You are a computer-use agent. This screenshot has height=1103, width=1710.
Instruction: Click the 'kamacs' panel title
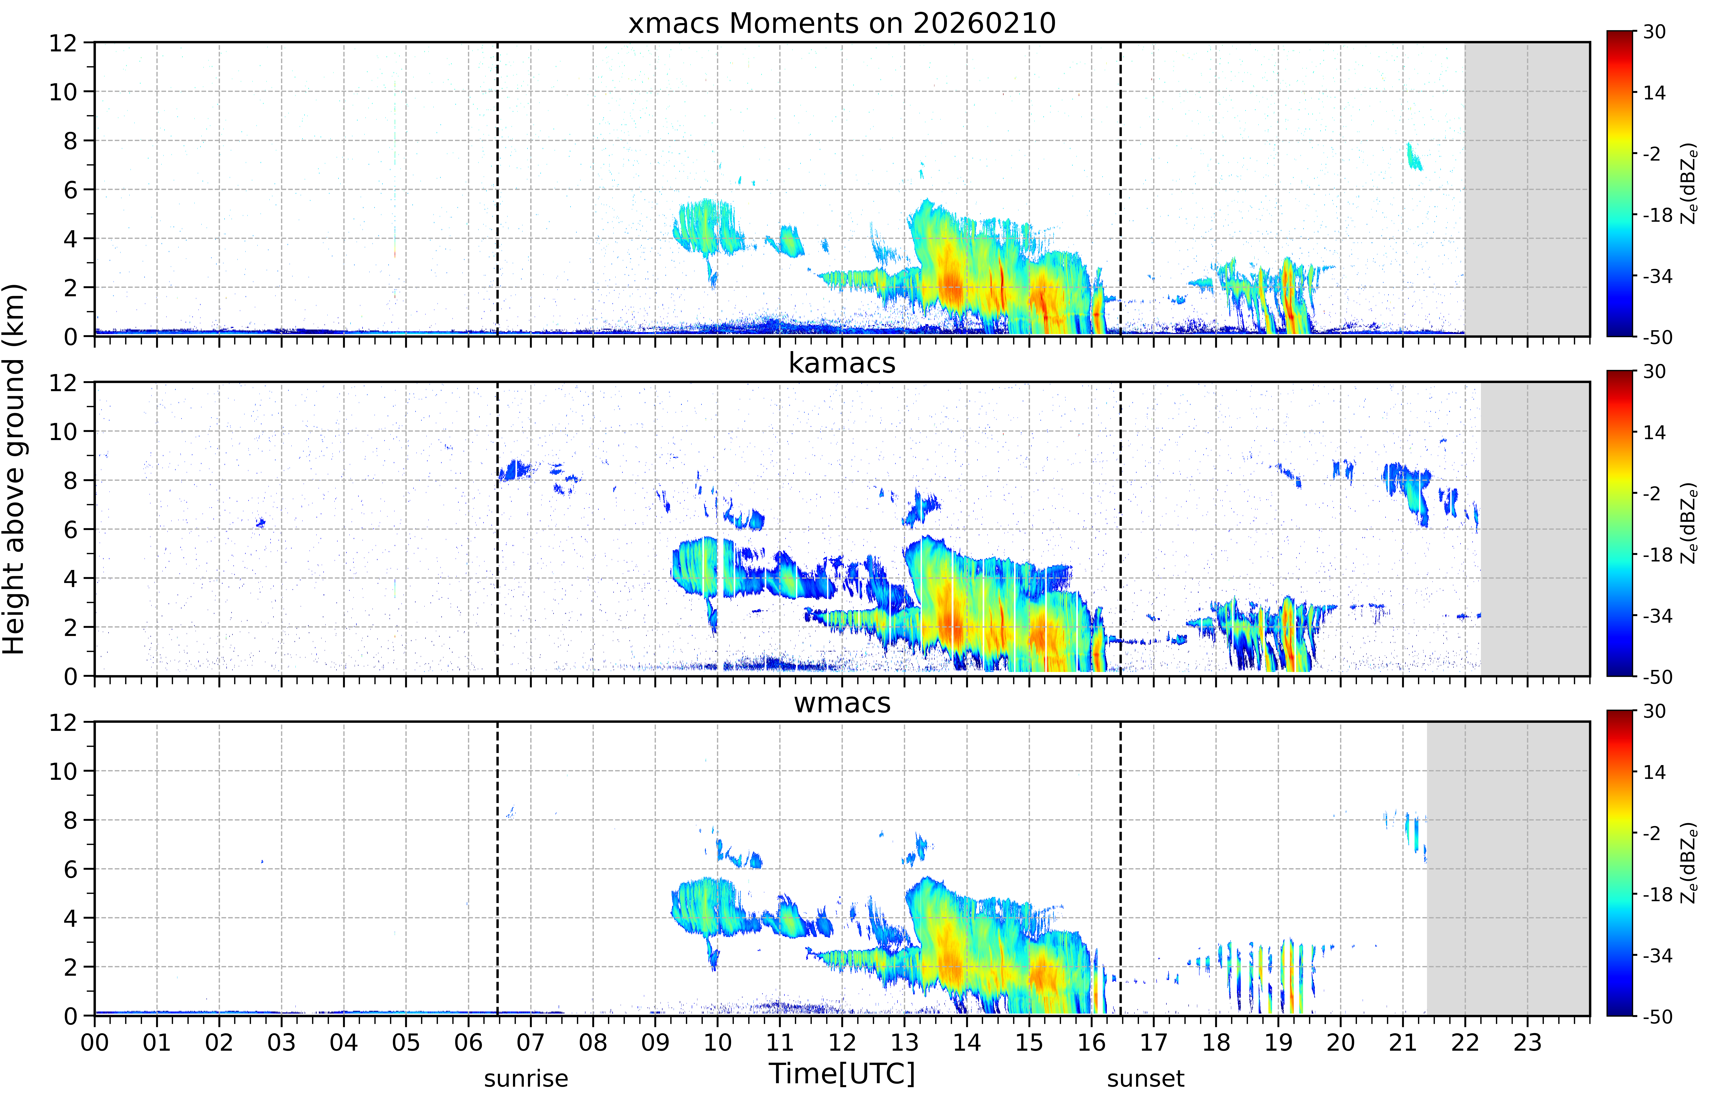click(842, 363)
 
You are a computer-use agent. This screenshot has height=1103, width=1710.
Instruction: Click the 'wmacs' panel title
click(842, 703)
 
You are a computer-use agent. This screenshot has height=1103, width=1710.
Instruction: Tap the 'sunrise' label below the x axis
click(526, 1079)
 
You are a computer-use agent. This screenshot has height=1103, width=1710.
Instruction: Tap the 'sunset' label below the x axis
click(1146, 1079)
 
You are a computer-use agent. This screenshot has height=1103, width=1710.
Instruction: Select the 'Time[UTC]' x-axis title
click(842, 1074)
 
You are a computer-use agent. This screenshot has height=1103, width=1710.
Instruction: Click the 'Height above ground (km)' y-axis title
click(14, 469)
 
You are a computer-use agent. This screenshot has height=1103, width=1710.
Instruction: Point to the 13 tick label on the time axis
click(905, 1042)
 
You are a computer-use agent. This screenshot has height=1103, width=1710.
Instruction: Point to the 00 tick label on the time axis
click(94, 1042)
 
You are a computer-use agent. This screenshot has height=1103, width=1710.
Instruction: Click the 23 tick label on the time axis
click(1527, 1042)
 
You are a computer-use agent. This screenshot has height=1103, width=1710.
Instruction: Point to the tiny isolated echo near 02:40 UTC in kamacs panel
click(261, 523)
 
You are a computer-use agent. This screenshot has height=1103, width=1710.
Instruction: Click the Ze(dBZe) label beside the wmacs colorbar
click(1689, 863)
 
